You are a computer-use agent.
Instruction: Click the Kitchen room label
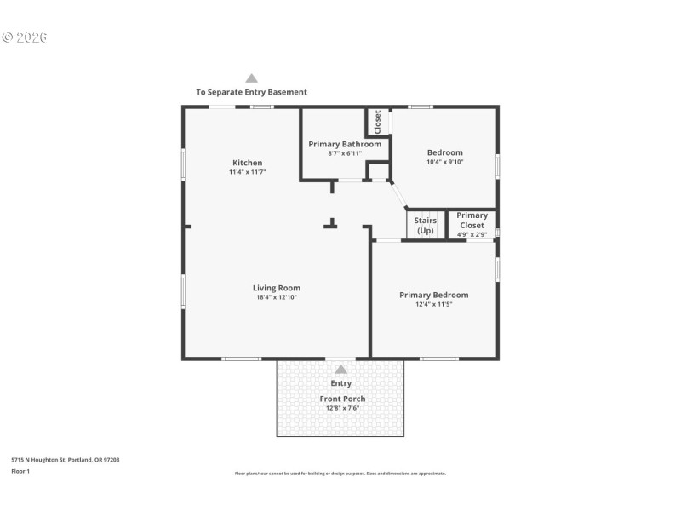tap(247, 163)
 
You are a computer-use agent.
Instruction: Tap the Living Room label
tap(276, 288)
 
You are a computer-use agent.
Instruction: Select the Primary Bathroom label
tap(344, 144)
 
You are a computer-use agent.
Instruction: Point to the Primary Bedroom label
tap(433, 296)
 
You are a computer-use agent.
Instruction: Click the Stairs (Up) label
tap(425, 226)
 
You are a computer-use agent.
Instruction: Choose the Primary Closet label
tap(472, 221)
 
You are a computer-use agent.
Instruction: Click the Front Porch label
tap(342, 399)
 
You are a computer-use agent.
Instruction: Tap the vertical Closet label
tap(378, 122)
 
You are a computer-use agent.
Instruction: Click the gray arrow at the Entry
tap(340, 369)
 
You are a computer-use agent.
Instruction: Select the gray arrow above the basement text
tap(251, 78)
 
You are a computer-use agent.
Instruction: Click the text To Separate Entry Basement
tap(251, 92)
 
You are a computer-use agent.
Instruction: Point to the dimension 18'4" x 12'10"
tap(276, 297)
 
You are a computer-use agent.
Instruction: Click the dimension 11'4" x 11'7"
tap(247, 172)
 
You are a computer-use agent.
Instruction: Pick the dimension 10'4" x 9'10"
tap(444, 162)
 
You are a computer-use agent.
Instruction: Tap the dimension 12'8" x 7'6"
tap(342, 408)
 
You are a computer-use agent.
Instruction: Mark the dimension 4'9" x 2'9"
tap(472, 234)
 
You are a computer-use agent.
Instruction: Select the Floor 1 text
tap(20, 471)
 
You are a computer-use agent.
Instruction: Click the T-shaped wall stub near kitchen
tap(331, 224)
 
